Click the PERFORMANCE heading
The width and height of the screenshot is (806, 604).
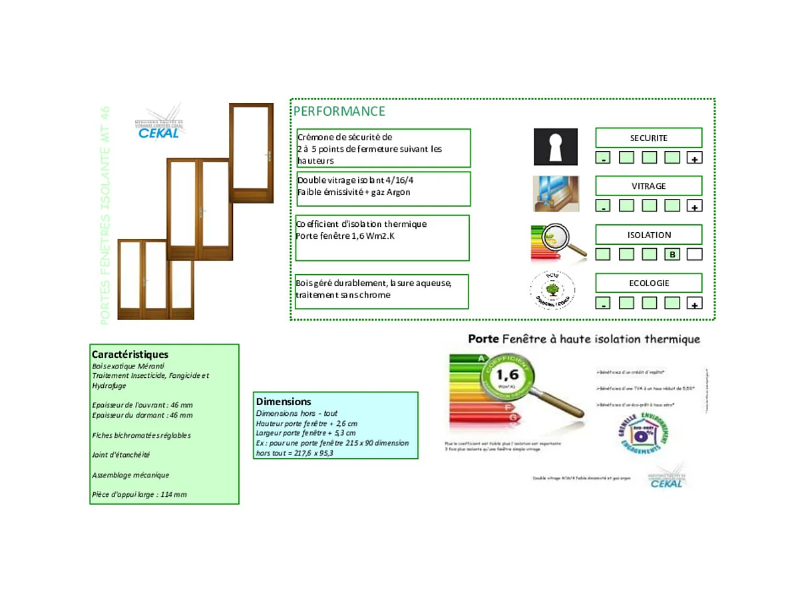[339, 111]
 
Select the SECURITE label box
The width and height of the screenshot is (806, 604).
[648, 138]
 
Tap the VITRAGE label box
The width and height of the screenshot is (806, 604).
[648, 186]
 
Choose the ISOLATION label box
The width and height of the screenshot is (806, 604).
[648, 235]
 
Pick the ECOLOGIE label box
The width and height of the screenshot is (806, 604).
[648, 283]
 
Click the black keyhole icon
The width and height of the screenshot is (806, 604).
[555, 147]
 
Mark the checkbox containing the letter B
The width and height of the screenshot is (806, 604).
[672, 254]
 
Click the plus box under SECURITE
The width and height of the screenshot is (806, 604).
[694, 158]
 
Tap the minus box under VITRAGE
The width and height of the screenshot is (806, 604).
[602, 206]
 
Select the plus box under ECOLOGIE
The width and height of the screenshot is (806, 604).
[694, 303]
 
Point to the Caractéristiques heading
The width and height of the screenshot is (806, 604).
[130, 355]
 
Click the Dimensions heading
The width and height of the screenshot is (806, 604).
[284, 402]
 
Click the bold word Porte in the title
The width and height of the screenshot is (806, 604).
[484, 339]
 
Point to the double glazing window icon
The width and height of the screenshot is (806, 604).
[556, 194]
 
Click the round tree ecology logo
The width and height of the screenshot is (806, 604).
[552, 290]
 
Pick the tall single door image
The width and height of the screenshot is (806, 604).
[251, 153]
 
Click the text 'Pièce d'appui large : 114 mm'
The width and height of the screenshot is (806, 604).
[139, 494]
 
